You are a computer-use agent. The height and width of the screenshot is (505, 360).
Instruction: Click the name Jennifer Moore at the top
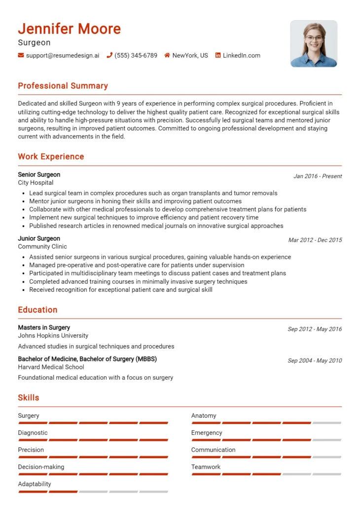pos(70,29)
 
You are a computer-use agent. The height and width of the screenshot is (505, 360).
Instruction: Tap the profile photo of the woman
pos(314,44)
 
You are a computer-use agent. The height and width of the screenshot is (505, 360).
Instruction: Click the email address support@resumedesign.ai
pos(62,56)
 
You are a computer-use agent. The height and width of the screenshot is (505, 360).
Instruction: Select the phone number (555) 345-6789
pos(136,56)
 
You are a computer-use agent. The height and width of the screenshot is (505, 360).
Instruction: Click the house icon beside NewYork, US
pos(167,56)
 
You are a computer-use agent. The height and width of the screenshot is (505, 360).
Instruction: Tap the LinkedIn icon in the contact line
pos(218,56)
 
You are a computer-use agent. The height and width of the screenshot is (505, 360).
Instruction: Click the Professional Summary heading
pos(63,86)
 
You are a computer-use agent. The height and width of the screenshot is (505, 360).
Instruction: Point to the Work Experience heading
pos(51,157)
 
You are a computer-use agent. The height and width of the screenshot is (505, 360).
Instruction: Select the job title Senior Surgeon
pos(39,175)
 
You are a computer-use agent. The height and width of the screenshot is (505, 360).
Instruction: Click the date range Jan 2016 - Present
pos(318,176)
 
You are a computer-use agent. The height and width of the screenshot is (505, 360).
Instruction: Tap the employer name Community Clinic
pos(42,247)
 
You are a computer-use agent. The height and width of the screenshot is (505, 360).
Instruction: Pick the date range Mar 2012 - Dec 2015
pos(315,240)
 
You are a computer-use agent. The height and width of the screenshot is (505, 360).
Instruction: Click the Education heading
pos(37,310)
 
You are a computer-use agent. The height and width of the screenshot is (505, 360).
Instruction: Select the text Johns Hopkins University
pos(53,336)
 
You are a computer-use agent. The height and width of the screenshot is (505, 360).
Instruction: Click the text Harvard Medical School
pos(51,367)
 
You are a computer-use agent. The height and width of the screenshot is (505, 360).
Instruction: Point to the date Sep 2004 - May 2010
pos(315,361)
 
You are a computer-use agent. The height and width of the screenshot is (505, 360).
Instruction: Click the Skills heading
pos(28,397)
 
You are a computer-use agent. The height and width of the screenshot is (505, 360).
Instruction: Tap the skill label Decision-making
pos(41,467)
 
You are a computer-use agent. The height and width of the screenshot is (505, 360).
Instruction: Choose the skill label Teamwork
pos(206,467)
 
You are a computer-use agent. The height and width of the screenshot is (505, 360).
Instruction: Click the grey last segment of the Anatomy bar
pos(326,423)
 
